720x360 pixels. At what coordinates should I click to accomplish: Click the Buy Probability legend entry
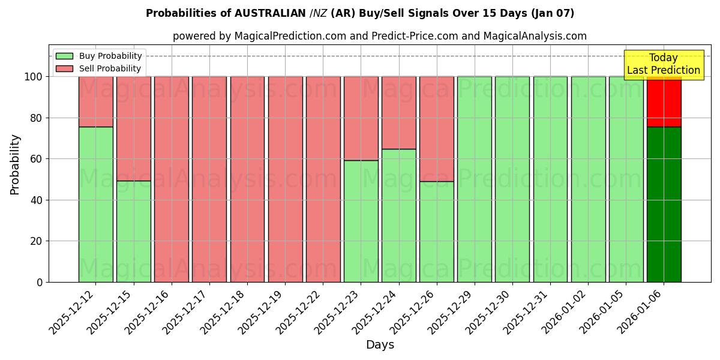(99, 56)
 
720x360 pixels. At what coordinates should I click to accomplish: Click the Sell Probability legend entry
(99, 69)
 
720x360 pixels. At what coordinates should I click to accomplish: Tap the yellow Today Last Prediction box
(664, 64)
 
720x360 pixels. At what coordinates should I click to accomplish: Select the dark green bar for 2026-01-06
(664, 204)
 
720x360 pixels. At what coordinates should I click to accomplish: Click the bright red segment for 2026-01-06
(664, 101)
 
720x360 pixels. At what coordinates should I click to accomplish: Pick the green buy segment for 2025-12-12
(95, 204)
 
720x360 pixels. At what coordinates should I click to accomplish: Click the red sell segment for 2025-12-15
(133, 128)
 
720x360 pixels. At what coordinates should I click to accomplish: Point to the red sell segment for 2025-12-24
(398, 112)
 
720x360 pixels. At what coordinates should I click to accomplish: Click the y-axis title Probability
(15, 164)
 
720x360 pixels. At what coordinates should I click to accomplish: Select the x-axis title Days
(380, 345)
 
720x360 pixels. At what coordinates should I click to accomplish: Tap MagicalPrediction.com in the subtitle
(290, 36)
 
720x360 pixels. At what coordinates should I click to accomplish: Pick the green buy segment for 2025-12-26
(436, 232)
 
